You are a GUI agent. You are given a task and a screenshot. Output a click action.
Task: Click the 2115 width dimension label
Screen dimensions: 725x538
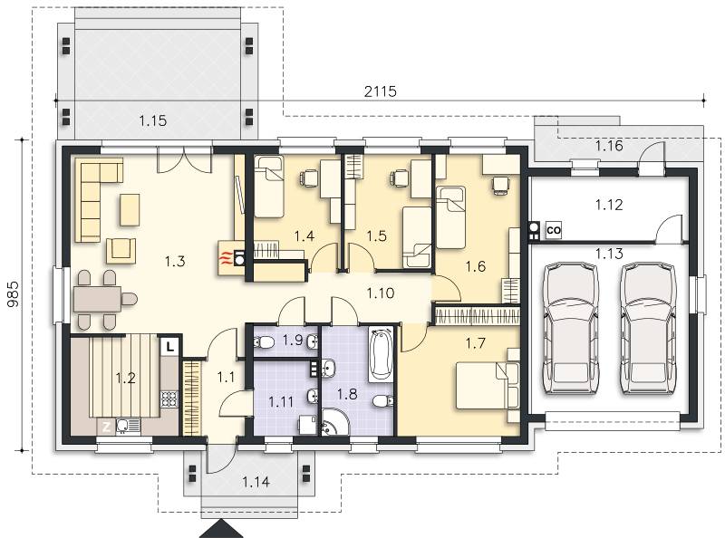pyautogui.click(x=380, y=91)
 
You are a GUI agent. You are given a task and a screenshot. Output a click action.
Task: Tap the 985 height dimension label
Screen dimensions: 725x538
pyautogui.click(x=13, y=294)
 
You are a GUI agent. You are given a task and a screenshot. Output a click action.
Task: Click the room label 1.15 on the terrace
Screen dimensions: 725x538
pyautogui.click(x=152, y=121)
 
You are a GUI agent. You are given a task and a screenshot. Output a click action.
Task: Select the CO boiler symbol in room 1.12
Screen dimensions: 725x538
pyautogui.click(x=554, y=230)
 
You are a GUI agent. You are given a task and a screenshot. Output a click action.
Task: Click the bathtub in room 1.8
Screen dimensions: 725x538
pyautogui.click(x=381, y=354)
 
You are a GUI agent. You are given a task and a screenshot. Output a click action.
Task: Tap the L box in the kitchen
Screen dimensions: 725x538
pyautogui.click(x=170, y=347)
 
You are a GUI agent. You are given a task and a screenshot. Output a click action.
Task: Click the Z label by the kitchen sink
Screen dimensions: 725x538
pyautogui.click(x=106, y=427)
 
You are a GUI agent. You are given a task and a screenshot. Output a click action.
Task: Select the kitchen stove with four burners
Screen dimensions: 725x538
pyautogui.click(x=169, y=399)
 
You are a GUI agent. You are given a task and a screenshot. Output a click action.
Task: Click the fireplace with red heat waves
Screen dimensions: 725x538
pyautogui.click(x=231, y=258)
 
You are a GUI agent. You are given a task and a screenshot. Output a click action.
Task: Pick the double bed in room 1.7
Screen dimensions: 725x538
pyautogui.click(x=487, y=386)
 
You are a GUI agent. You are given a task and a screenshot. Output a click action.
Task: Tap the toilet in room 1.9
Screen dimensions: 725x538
pyautogui.click(x=264, y=342)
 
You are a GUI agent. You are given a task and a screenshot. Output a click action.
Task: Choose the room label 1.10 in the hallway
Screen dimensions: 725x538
pyautogui.click(x=381, y=293)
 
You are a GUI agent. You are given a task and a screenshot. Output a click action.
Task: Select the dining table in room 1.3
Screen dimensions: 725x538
pyautogui.click(x=97, y=299)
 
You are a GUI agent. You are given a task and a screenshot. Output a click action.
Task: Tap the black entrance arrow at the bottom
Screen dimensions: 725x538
pyautogui.click(x=221, y=529)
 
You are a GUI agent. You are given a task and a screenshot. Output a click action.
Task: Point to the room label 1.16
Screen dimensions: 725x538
pyautogui.click(x=609, y=146)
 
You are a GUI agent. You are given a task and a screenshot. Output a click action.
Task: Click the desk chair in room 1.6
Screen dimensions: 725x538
pyautogui.click(x=499, y=185)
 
